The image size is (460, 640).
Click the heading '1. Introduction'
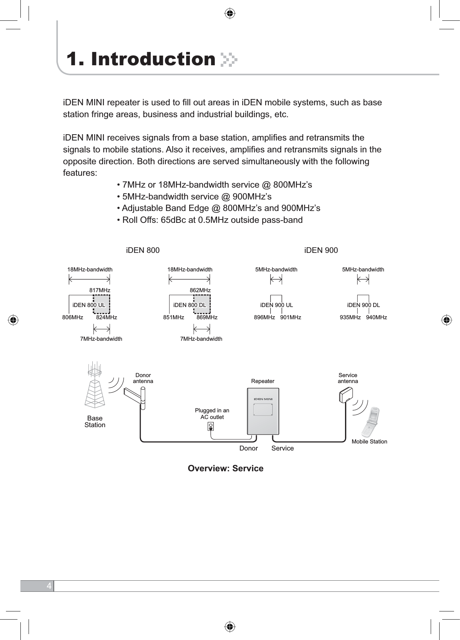pyautogui.click(x=141, y=59)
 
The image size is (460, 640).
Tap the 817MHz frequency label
pyautogui.click(x=100, y=290)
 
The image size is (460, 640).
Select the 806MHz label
pyautogui.click(x=73, y=317)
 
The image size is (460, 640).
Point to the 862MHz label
pyautogui.click(x=200, y=290)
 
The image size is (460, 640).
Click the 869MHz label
pyautogui.click(x=207, y=317)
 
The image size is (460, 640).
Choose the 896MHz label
pyautogui.click(x=264, y=317)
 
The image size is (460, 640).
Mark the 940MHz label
pyautogui.click(x=377, y=317)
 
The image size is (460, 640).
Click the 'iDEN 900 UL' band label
pyautogui.click(x=276, y=305)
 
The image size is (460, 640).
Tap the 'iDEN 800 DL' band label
pyautogui.click(x=190, y=305)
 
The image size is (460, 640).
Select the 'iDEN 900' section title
pyautogui.click(x=321, y=250)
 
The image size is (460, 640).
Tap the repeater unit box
pyautogui.click(x=263, y=411)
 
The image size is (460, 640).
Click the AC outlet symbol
pyautogui.click(x=211, y=427)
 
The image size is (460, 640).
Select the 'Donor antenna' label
pyautogui.click(x=143, y=378)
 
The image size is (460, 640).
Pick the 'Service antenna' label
pyautogui.click(x=348, y=378)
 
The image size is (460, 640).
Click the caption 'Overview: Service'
pyautogui.click(x=226, y=468)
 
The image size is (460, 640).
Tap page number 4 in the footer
pyautogui.click(x=49, y=586)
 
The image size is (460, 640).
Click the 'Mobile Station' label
pyautogui.click(x=369, y=442)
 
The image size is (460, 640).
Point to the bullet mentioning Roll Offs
pyautogui.click(x=210, y=220)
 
